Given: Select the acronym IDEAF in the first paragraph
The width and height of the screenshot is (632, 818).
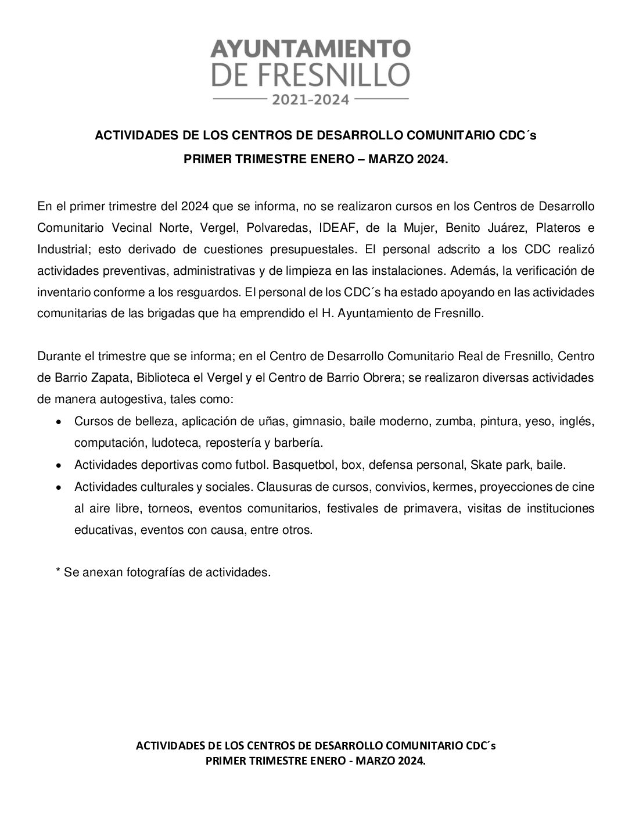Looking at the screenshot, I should tap(337, 227).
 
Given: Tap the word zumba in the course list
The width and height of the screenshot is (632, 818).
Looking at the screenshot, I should tap(454, 421).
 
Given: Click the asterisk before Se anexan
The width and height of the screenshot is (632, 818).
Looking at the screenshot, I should tap(58, 572).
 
